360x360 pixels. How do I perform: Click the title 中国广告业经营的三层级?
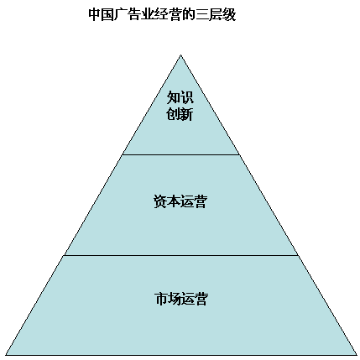coord(162,14)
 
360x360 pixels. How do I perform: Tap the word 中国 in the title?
coord(101,14)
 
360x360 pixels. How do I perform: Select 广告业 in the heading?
coord(133,14)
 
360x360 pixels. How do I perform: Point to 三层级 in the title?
coord(216,14)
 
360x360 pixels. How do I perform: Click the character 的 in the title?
coord(188,14)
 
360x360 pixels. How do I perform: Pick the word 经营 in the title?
coord(167,14)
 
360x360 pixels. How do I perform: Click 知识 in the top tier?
coord(180,97)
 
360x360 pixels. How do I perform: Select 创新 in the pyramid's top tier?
coord(180,114)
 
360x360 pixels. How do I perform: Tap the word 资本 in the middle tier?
coord(167,201)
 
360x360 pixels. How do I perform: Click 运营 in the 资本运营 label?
coord(194,201)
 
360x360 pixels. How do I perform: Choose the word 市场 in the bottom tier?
coord(168,299)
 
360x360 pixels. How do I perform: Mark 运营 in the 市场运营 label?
coord(194,299)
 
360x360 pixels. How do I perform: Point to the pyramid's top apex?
coord(180,55)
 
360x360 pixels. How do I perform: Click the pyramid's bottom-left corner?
coord(6,355)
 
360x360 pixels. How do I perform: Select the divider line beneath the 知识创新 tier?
coord(181,154)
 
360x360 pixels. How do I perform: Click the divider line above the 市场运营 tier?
coord(181,255)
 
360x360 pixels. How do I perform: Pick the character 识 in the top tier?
coord(187,97)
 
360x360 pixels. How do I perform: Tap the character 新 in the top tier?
coord(186,114)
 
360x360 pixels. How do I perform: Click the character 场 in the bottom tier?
coord(175,299)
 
